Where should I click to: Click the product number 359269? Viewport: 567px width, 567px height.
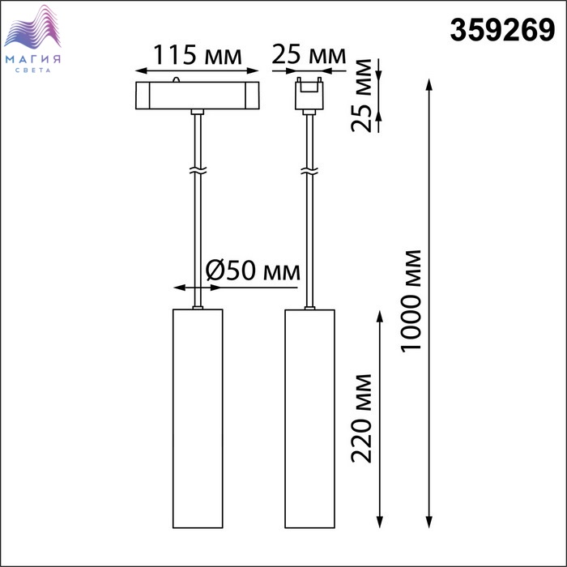(x=502, y=31)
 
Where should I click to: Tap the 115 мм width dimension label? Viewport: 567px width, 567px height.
(x=198, y=55)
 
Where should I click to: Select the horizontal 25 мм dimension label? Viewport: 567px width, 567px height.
(x=309, y=54)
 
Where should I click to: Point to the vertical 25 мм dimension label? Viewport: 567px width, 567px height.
(x=361, y=96)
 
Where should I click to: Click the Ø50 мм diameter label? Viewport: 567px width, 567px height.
(x=253, y=271)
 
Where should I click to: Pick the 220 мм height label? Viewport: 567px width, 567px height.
(x=361, y=419)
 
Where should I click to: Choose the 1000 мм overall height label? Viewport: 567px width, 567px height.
(x=411, y=301)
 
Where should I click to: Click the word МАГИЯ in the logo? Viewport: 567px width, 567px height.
(x=33, y=59)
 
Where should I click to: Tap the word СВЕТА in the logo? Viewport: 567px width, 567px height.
(x=33, y=70)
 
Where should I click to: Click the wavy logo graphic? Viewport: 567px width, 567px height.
(x=32, y=27)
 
